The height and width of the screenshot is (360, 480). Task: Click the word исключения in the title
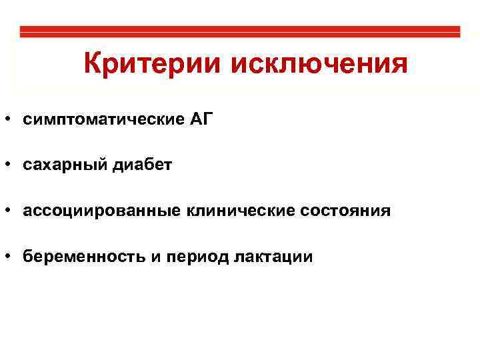point(319,65)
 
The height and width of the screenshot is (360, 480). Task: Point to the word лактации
point(273,257)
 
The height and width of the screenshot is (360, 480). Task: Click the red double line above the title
point(240,31)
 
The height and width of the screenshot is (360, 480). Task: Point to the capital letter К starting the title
point(93,64)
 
